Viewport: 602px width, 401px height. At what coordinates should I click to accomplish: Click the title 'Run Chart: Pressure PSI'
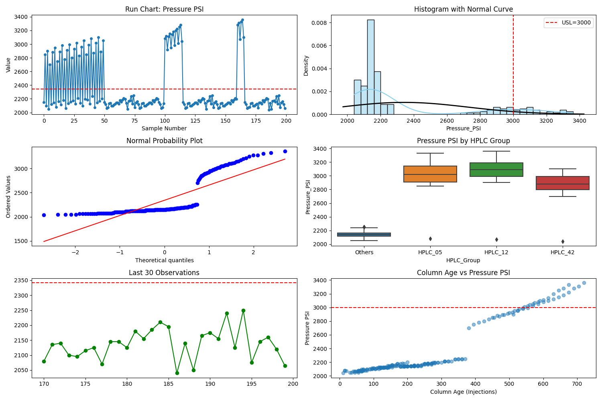coord(164,9)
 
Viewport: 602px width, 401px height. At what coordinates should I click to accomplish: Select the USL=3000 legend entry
coord(567,23)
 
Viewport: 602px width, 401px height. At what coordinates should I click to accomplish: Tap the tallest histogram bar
coord(370,67)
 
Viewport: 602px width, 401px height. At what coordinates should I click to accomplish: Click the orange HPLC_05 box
coord(430,174)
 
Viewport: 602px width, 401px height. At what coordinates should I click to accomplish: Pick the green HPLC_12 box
coord(496,170)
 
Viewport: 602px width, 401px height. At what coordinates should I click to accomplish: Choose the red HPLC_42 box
coord(562,183)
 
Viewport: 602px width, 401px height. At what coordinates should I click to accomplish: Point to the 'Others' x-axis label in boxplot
coord(364,252)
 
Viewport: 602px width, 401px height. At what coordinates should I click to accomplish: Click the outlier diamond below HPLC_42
coord(563,241)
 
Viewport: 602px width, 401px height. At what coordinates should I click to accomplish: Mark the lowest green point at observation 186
coord(177,373)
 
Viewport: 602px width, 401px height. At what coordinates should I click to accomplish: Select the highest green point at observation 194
coord(243,310)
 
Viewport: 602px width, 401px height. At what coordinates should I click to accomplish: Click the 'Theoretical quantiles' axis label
coord(164,260)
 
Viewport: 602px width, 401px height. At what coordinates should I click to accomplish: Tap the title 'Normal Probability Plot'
coord(164,141)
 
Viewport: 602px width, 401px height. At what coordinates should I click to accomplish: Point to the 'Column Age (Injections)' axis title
coord(463,392)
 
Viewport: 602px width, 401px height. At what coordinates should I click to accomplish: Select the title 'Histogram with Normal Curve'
coord(463,9)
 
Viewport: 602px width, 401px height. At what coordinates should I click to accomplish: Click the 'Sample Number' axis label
coord(164,128)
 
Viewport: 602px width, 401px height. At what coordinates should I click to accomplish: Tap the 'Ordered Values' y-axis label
coord(8,196)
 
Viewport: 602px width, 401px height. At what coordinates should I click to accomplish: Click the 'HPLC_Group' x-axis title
coord(463,260)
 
